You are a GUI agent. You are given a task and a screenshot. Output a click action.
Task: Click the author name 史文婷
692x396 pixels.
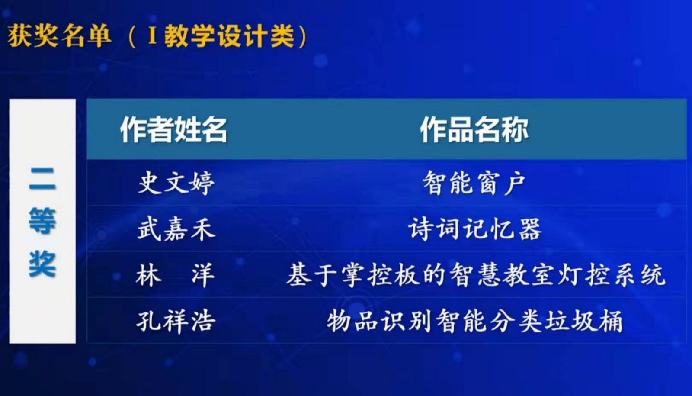tap(176, 183)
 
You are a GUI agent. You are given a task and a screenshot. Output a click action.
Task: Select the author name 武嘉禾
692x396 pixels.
tap(176, 229)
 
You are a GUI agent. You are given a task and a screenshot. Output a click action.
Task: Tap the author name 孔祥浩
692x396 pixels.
tap(176, 321)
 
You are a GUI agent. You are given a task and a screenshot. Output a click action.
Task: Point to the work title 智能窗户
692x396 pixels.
tap(474, 183)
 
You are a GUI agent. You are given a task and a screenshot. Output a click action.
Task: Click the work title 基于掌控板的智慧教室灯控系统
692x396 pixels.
tap(476, 275)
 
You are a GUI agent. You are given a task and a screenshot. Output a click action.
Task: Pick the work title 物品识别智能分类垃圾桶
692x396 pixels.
tap(475, 321)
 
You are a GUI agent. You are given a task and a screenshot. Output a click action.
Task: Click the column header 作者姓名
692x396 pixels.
tap(173, 129)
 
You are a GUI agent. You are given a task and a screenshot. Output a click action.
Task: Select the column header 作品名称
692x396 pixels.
tap(474, 129)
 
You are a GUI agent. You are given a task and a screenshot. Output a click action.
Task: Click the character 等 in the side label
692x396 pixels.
tap(43, 221)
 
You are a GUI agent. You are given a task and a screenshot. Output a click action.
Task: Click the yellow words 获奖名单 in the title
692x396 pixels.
tap(59, 35)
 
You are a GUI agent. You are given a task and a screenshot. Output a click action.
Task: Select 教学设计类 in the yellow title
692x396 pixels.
tap(229, 36)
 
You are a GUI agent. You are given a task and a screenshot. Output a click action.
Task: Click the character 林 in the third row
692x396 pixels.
tap(149, 275)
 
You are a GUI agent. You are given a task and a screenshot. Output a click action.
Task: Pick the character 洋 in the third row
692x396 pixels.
tap(203, 275)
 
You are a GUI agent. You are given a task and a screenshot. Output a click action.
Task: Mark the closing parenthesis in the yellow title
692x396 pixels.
tap(303, 36)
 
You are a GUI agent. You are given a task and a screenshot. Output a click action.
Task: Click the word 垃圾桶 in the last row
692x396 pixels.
tap(583, 321)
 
